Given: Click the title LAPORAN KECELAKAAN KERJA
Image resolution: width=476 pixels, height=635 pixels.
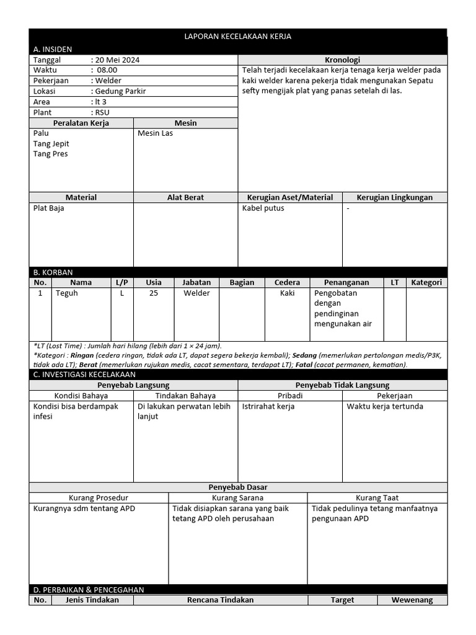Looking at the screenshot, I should (238, 37).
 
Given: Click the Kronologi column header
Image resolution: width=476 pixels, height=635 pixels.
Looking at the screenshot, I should (343, 60).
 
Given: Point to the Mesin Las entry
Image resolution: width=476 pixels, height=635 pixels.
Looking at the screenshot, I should (155, 133).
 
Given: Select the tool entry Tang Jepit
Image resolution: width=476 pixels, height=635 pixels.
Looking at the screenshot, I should (51, 144).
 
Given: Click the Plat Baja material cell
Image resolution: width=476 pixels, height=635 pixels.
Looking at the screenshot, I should (48, 208).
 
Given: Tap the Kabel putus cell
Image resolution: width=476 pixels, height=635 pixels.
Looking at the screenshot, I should (263, 208).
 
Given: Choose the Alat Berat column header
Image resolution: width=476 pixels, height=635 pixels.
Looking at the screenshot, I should (185, 197).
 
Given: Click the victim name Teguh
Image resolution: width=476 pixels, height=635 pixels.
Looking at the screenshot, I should (67, 293).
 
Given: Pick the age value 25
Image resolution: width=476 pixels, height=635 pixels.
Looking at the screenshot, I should (153, 293).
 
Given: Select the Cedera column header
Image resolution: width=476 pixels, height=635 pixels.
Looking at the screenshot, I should (287, 282).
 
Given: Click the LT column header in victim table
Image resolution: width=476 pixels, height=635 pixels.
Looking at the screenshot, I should (395, 282).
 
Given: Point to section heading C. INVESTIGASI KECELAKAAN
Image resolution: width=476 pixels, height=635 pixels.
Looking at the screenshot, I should (84, 375).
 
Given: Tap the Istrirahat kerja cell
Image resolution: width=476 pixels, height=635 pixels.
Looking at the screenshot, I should (268, 407).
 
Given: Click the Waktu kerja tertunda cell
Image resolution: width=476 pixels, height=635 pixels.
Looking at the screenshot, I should (385, 407).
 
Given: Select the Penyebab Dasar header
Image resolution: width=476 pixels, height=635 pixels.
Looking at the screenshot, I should (238, 487).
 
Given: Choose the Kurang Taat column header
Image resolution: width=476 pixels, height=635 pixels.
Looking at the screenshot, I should (377, 497).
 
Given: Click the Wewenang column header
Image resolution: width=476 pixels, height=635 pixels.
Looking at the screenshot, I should (412, 600).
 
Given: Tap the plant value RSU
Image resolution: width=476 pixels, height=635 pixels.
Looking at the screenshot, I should (101, 112).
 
